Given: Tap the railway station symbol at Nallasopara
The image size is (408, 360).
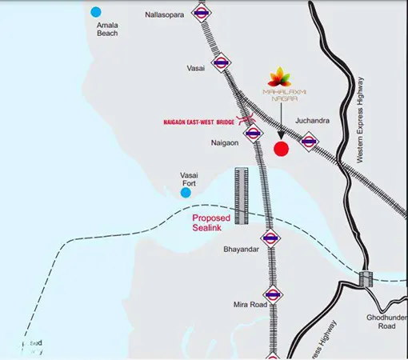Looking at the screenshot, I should point(202,14).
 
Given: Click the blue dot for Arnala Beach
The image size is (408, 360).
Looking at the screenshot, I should point(97,12).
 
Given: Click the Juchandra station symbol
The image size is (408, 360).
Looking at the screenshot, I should point(309,141).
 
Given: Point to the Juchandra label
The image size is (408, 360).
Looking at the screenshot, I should point(313,121).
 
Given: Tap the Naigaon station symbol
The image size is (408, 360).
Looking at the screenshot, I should point(253,134).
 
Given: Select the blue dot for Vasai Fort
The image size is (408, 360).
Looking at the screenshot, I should point(186,192).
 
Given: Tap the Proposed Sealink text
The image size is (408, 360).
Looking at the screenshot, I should point(212,222).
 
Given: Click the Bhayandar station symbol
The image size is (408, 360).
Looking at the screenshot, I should point(270,238).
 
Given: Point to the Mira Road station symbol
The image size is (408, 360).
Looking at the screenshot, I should point(273,294).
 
